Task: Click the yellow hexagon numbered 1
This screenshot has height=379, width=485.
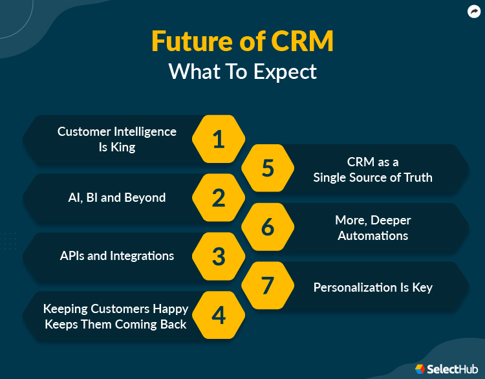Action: tap(219, 139)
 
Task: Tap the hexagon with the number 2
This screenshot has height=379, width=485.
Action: tap(219, 197)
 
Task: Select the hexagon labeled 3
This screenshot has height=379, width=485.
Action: tap(219, 256)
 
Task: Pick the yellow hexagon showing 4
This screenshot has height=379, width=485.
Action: tap(219, 315)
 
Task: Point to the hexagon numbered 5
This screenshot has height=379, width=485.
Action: tap(268, 168)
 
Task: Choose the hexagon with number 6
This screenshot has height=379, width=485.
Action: tap(268, 227)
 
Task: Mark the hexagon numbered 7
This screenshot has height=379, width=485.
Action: tap(268, 285)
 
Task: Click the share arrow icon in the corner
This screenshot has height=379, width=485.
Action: tap(474, 12)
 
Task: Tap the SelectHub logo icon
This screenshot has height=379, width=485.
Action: tap(420, 369)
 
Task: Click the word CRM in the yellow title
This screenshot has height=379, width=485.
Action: tap(302, 41)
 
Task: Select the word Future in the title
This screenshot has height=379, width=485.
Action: tap(192, 41)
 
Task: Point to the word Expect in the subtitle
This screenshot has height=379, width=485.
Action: tap(285, 72)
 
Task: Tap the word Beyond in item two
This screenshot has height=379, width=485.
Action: tap(145, 197)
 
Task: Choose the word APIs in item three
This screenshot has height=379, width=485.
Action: tap(72, 256)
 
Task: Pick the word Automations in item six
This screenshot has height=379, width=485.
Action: tap(372, 236)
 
